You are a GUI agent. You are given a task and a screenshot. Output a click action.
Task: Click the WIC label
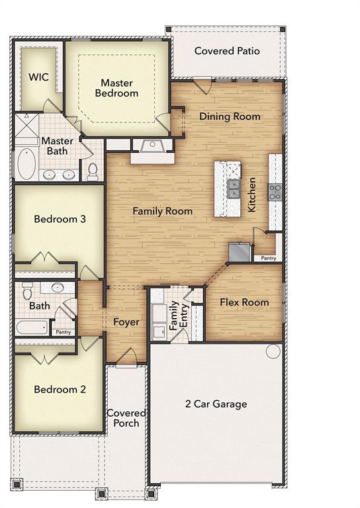coord(39,76)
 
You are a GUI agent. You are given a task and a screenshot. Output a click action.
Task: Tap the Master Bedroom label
coord(116,88)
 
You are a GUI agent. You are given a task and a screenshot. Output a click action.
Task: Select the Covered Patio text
coord(227,51)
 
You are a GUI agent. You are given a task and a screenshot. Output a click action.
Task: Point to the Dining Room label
coord(230,116)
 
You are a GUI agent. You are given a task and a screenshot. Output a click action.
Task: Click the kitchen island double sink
coord(233,189)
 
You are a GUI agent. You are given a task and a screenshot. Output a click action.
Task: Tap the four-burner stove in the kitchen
coord(275,192)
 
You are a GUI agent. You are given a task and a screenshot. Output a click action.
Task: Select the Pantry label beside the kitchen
coord(267,258)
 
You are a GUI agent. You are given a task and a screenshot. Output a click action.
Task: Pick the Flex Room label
coord(245,302)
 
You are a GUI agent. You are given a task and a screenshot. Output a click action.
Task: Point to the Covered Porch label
coord(126,418)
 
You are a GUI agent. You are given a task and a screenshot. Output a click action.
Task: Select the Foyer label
coord(126,322)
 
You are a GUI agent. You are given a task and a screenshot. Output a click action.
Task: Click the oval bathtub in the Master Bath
coord(25,163)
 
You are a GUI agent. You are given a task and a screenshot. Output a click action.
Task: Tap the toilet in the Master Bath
coord(93,172)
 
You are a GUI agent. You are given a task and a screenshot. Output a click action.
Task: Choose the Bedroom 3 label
coord(60,219)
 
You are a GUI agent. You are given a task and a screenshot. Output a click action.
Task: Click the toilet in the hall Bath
coord(28,290)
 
